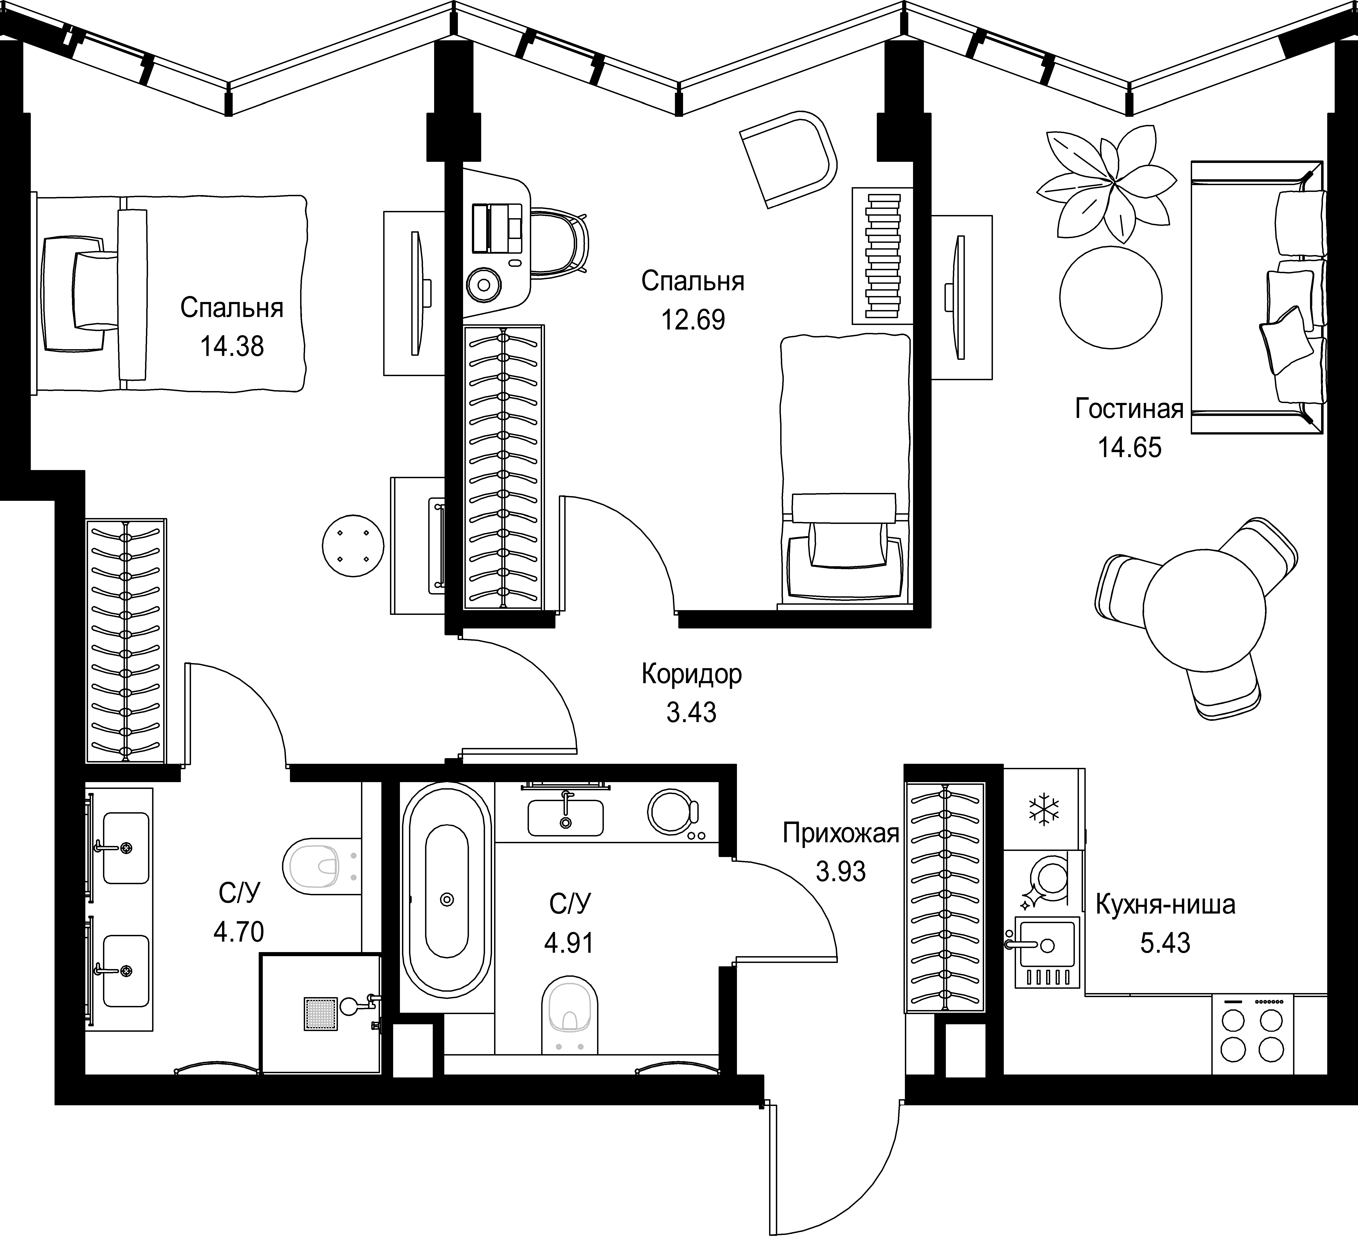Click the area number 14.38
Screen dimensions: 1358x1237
click(x=232, y=347)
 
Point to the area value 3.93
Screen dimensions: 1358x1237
click(x=841, y=872)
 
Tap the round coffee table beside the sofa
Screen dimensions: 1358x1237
click(x=1111, y=297)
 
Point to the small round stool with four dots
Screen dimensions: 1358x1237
click(x=353, y=545)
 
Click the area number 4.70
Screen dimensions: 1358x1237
click(x=239, y=932)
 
